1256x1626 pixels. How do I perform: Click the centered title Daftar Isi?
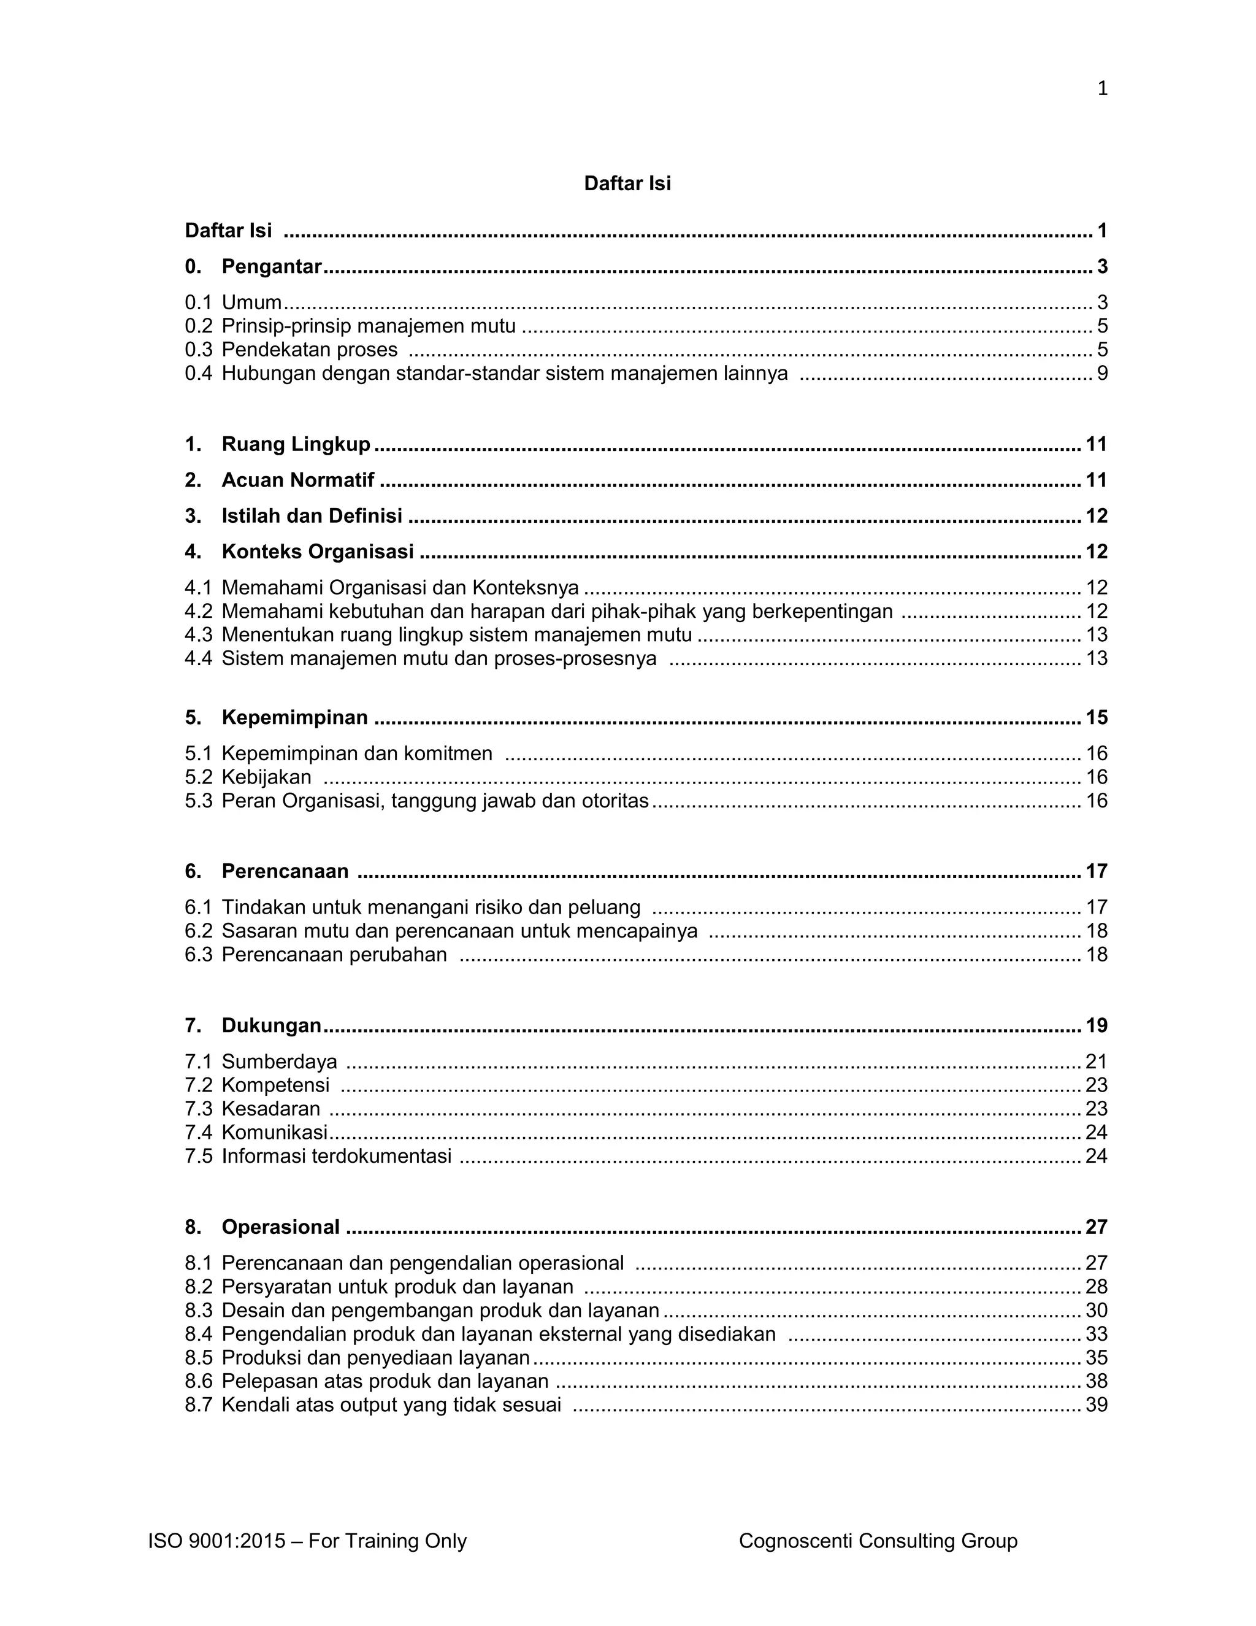(x=627, y=184)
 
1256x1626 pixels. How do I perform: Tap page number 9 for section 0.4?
(x=1102, y=373)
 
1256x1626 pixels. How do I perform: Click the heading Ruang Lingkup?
(x=296, y=444)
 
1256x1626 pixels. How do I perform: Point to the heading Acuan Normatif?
(x=297, y=480)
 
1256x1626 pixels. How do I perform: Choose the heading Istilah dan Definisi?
(x=312, y=516)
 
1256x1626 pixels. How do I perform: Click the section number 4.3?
(x=198, y=635)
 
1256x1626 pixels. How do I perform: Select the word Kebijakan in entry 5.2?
(x=266, y=777)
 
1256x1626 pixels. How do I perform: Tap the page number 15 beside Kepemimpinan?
(x=1096, y=718)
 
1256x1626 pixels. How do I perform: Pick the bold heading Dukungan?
(x=271, y=1026)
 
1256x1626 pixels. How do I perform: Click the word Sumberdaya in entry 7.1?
(x=279, y=1062)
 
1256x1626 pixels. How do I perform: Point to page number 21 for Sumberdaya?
(x=1096, y=1062)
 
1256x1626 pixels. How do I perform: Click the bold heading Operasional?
(x=280, y=1228)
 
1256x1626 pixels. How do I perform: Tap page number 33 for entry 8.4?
(x=1096, y=1334)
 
